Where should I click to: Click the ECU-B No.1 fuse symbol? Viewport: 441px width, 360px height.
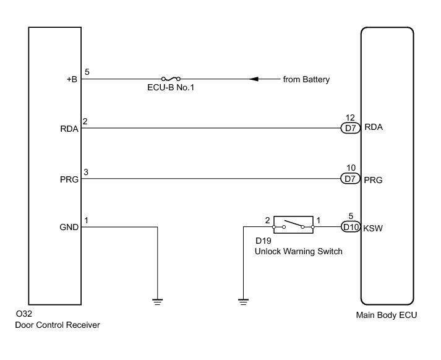(x=171, y=79)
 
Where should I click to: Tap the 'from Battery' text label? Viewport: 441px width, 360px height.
(x=306, y=79)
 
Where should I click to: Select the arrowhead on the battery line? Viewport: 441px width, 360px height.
(x=253, y=79)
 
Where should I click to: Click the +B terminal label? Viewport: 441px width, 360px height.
(x=72, y=79)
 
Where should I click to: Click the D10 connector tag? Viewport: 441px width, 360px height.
(x=351, y=227)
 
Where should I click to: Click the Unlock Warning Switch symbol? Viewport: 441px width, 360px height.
(x=294, y=226)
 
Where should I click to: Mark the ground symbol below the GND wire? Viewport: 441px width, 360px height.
(x=158, y=301)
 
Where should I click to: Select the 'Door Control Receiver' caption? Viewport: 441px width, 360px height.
(x=58, y=325)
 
